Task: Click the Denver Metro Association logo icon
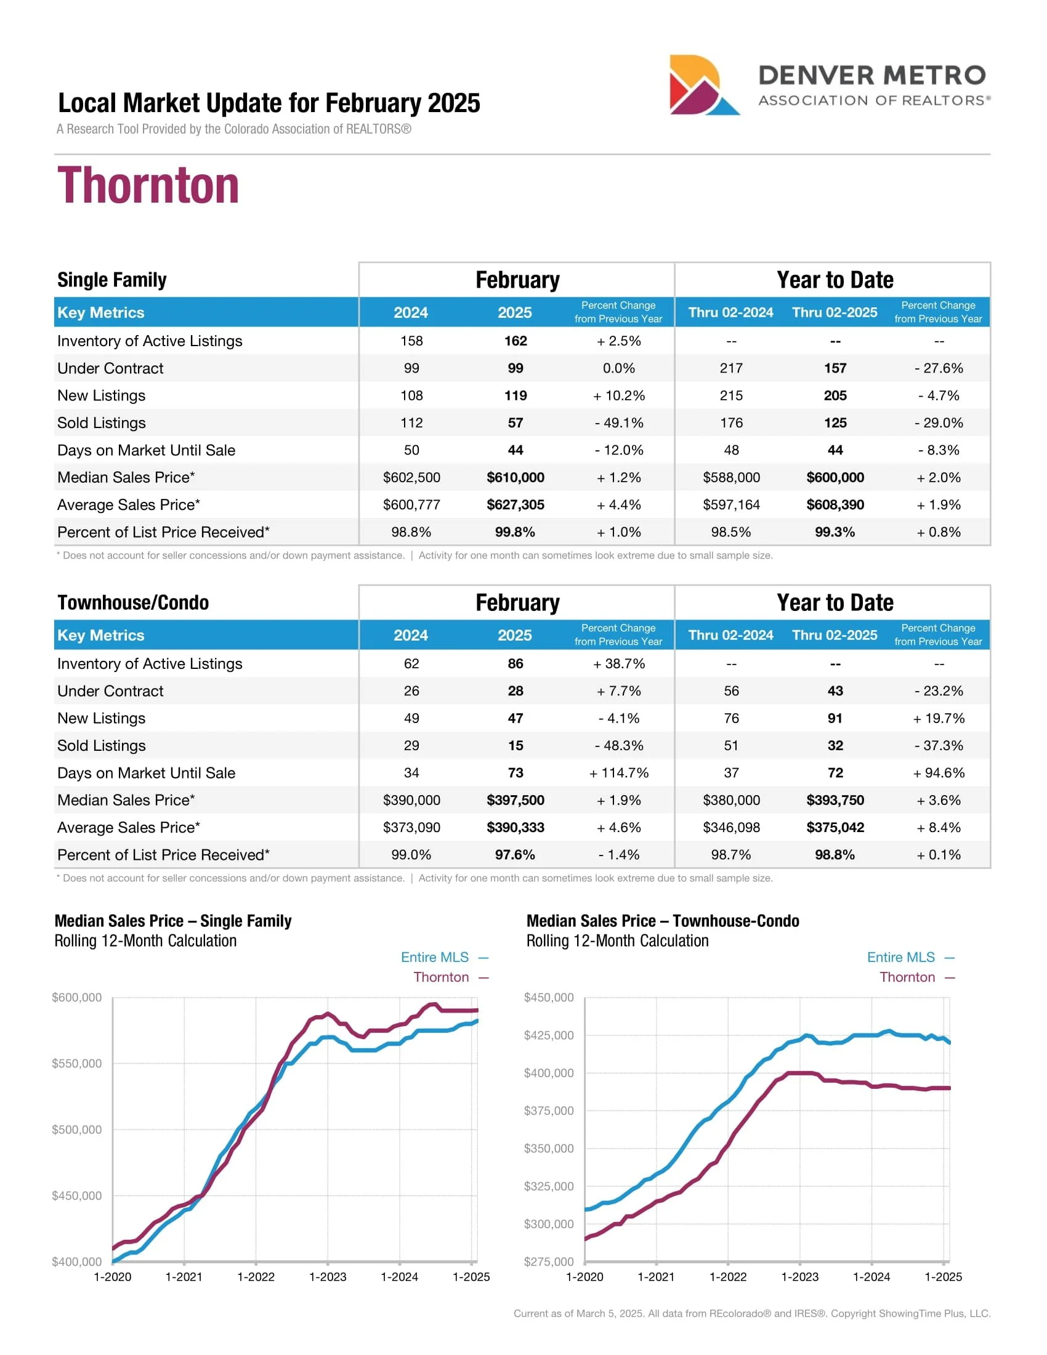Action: [703, 85]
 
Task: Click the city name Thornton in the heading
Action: [148, 185]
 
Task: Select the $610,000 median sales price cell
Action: [515, 477]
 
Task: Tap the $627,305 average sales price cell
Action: [515, 504]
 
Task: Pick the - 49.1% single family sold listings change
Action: [618, 423]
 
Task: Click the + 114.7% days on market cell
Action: [618, 772]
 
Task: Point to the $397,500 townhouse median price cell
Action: [515, 799]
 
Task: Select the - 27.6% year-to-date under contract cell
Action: [939, 368]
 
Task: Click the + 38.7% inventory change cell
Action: [618, 663]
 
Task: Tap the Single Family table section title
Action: [111, 280]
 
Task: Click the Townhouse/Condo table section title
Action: [133, 602]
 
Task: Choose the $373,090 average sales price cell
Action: [411, 827]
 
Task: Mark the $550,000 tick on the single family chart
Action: [77, 1064]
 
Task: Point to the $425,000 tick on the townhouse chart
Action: [549, 1035]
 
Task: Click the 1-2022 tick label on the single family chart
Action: [256, 1277]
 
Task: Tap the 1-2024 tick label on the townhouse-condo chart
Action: [871, 1277]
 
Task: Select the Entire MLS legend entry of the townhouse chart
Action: [900, 957]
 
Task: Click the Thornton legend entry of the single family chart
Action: [441, 977]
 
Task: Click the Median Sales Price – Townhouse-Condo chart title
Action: [663, 921]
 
